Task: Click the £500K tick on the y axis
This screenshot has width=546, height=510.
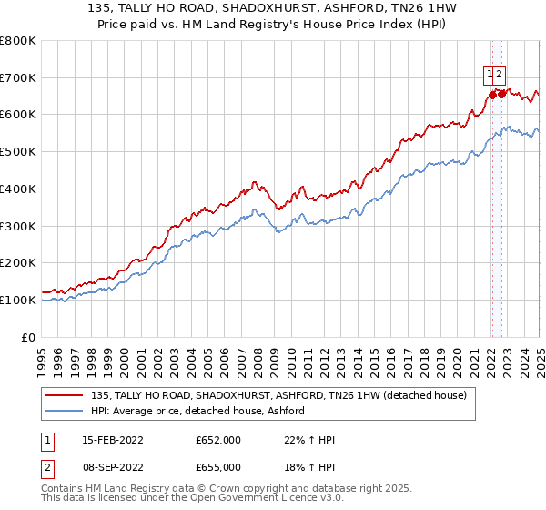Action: tap(17, 152)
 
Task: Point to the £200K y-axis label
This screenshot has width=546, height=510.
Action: tap(17, 263)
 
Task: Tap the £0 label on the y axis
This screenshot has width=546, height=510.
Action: tap(27, 337)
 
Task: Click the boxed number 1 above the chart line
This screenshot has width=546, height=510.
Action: tap(490, 75)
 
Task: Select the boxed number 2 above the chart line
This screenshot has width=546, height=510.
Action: tap(500, 75)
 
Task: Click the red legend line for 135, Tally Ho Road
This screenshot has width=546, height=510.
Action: tap(66, 395)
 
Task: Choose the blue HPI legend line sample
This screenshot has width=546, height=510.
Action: tap(66, 411)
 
